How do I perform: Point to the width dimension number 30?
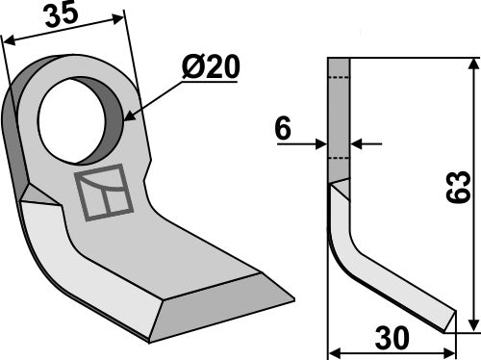(392, 338)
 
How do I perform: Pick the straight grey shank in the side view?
(341, 120)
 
